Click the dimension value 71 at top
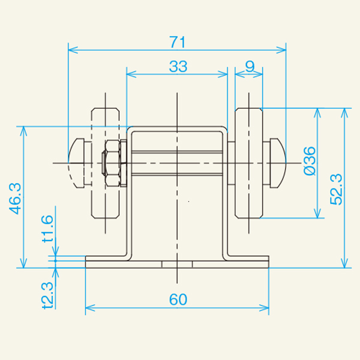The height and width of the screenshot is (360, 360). click(x=177, y=42)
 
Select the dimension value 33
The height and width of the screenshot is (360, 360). click(x=178, y=67)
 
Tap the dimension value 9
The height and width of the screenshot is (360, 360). click(x=250, y=67)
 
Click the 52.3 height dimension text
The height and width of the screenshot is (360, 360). click(x=336, y=188)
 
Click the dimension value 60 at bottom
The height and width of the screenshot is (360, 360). click(x=178, y=300)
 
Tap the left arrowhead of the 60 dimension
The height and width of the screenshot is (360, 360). click(x=90, y=309)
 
